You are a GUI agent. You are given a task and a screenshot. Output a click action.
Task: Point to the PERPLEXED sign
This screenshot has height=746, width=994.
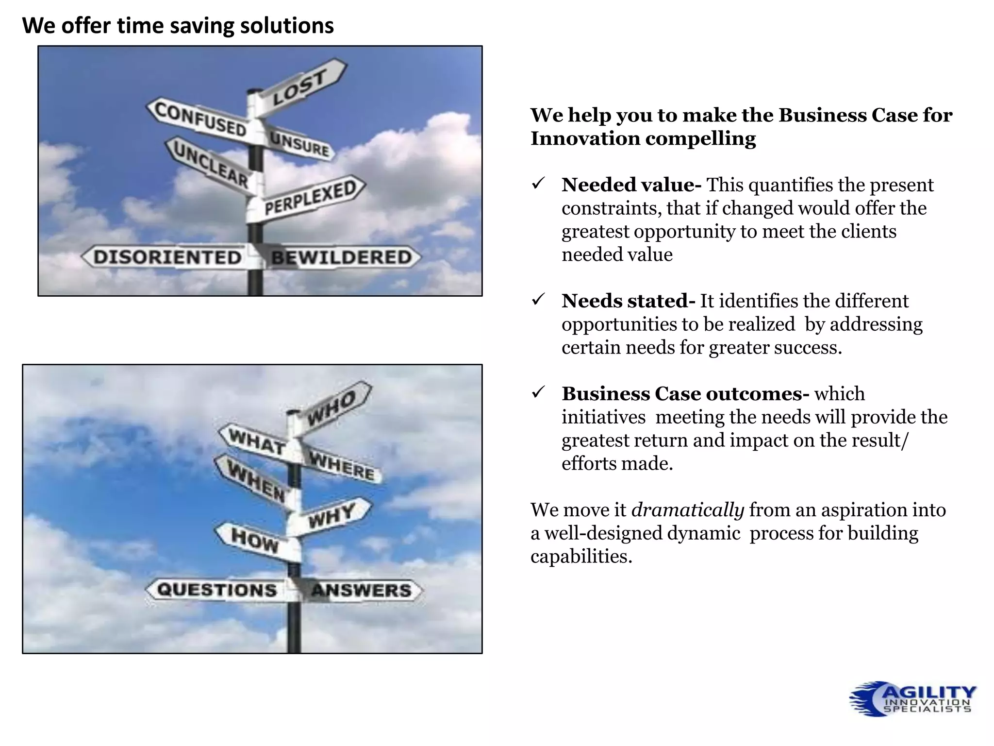(x=311, y=198)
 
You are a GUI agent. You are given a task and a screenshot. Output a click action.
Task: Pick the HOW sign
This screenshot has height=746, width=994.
(x=254, y=540)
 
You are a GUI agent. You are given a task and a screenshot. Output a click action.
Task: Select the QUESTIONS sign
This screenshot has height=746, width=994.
(x=216, y=590)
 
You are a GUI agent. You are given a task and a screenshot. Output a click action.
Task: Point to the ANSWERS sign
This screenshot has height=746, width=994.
(x=362, y=590)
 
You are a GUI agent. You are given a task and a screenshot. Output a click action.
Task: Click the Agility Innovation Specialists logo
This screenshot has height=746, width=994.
(x=912, y=698)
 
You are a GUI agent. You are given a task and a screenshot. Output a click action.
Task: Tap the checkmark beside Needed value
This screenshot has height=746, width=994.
(x=538, y=185)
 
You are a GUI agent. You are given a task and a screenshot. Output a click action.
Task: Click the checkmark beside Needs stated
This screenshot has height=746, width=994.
(x=538, y=301)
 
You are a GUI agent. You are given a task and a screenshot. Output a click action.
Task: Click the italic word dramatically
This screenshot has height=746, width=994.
(x=687, y=510)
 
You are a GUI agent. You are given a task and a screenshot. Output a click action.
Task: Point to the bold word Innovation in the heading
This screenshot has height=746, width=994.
(x=585, y=138)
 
